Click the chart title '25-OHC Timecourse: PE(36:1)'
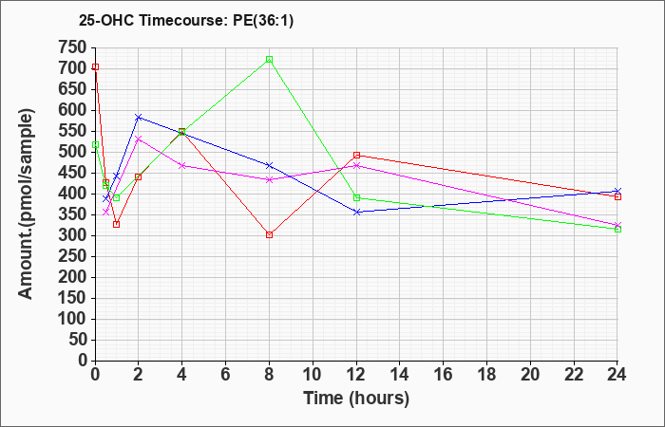click(x=186, y=21)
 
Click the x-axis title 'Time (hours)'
click(x=356, y=399)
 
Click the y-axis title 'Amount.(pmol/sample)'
click(x=26, y=204)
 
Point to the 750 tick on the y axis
click(x=75, y=47)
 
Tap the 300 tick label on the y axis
click(x=75, y=235)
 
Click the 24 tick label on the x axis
click(x=617, y=375)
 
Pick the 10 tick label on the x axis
click(x=313, y=375)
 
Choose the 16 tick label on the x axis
click(x=444, y=375)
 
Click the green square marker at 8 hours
click(x=269, y=59)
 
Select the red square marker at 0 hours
click(x=96, y=67)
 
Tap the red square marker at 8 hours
click(x=269, y=234)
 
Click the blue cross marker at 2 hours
click(x=139, y=118)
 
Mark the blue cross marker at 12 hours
click(x=356, y=212)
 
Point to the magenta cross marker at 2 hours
click(x=139, y=139)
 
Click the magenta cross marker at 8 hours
click(x=269, y=179)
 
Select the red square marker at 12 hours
click(x=356, y=155)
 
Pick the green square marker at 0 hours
click(x=96, y=145)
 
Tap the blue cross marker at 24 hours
click(x=617, y=191)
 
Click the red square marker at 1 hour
click(x=116, y=224)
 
